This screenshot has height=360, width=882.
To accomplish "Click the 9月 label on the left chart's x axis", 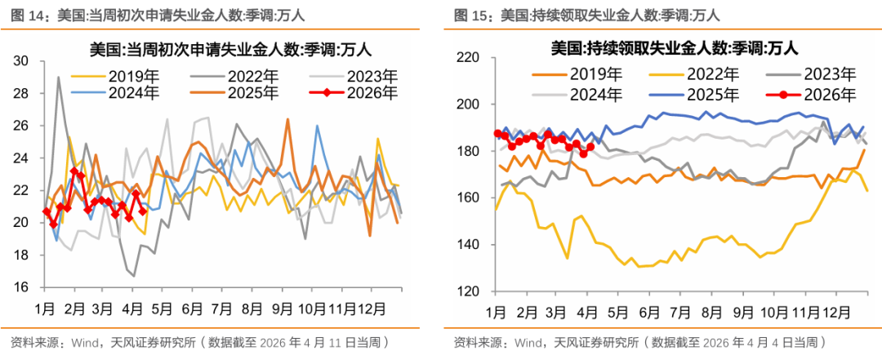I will click(283, 309).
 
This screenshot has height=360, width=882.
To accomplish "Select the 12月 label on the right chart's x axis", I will click(835, 313).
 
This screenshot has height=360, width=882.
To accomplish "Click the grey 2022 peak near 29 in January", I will click(58, 78).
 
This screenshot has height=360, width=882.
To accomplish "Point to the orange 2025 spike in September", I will click(287, 119).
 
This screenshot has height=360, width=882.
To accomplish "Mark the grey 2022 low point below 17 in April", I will click(133, 276).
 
